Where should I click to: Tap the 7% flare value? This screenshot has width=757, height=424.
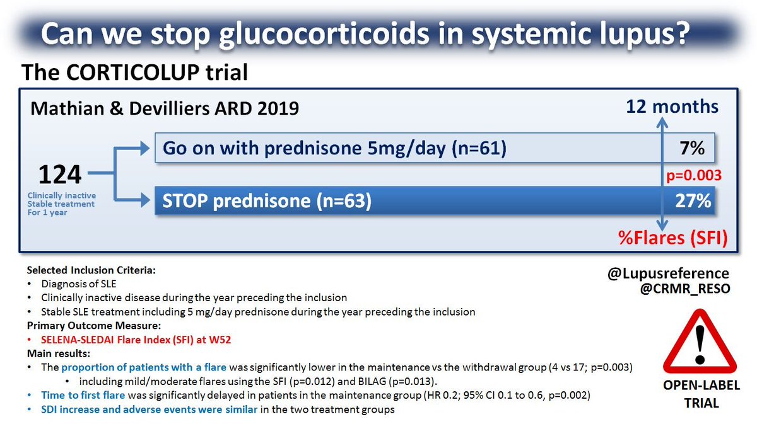(x=692, y=148)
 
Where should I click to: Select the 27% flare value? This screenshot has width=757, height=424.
(x=693, y=201)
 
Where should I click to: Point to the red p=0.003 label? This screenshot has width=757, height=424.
(x=694, y=175)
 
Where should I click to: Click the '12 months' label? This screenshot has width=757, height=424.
(x=672, y=106)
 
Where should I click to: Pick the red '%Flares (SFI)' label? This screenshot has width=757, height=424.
(x=673, y=238)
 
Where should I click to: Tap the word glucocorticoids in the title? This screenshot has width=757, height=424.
(x=324, y=34)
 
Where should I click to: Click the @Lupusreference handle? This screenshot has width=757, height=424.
(x=668, y=273)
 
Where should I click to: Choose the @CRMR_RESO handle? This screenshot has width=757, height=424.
(x=685, y=289)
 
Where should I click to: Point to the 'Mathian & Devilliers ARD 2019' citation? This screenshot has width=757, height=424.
(x=165, y=108)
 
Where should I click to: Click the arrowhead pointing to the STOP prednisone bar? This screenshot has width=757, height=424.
(x=146, y=200)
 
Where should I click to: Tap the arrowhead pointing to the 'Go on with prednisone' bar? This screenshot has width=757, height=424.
(x=145, y=148)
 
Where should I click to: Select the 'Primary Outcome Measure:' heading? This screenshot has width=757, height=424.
(x=94, y=326)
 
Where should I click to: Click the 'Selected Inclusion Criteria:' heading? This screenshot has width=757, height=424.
(x=91, y=270)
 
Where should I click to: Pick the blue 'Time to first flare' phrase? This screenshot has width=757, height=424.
(x=83, y=395)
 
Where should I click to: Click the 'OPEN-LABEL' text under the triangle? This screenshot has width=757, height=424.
(x=701, y=385)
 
